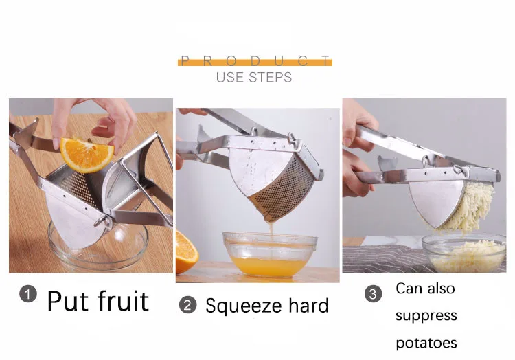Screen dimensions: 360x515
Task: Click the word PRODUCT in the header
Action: pos(255,61)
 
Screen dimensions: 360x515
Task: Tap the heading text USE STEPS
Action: pos(254,77)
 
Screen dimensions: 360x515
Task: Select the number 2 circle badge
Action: pos(187,305)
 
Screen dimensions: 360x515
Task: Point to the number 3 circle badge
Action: pos(373,294)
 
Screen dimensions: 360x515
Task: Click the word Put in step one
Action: pos(71,300)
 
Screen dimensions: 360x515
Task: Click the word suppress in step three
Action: pos(426,315)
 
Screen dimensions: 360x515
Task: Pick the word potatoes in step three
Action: pos(426,342)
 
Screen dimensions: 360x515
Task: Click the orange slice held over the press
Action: pos(87,154)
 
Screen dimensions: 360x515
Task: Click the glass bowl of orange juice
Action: pos(270,254)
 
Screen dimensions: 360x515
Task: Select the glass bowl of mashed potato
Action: pos(463,252)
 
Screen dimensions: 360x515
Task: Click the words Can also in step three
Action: pos(425,289)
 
